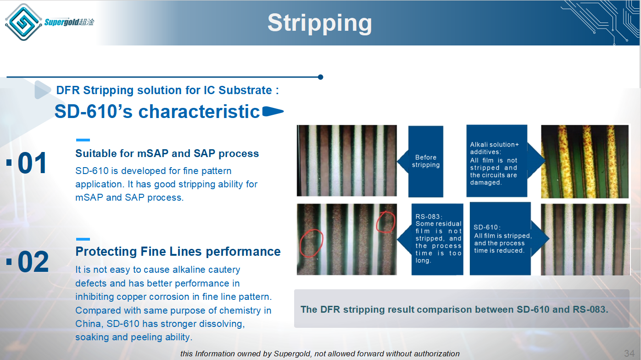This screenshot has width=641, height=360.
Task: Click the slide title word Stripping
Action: click(320, 23)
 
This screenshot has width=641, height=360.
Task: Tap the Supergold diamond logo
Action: click(23, 22)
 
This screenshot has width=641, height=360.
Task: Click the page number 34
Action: click(629, 353)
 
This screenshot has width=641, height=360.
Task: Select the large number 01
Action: click(32, 163)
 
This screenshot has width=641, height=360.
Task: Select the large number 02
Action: click(33, 261)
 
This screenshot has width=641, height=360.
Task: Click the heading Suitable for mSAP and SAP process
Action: click(167, 153)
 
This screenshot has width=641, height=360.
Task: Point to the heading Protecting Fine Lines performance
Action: click(178, 252)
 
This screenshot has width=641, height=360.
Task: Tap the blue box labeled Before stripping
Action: click(425, 161)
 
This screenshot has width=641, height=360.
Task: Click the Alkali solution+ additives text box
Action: click(496, 161)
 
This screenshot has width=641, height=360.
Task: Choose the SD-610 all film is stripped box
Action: click(500, 239)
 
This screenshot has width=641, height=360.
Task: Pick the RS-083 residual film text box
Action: click(437, 239)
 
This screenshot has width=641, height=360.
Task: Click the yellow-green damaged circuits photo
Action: click(585, 161)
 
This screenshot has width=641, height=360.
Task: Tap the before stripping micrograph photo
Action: click(346, 161)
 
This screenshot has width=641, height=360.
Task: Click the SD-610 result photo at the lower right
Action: click(585, 239)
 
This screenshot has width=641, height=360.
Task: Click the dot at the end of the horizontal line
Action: click(320, 77)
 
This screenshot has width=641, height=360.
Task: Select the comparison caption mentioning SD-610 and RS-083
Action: click(454, 309)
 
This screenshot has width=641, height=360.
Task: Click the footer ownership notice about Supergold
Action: click(320, 354)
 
